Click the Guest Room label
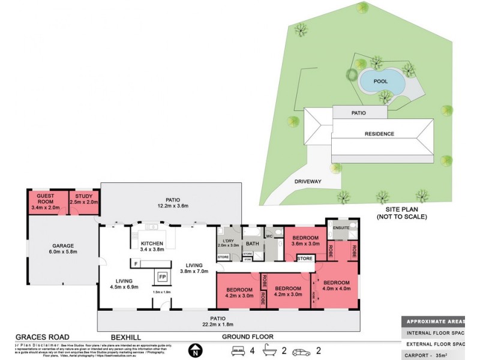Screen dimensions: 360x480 click(x=46, y=197)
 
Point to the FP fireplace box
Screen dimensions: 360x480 click(x=162, y=277)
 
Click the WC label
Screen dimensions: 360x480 click(x=269, y=236)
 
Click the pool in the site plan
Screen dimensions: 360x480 click(x=381, y=80)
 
